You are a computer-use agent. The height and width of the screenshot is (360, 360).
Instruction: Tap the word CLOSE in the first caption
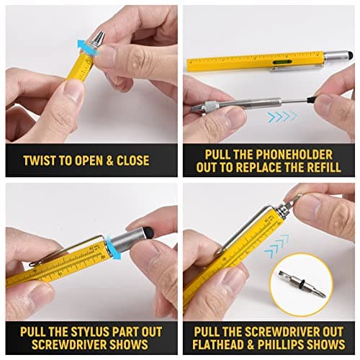[x=135, y=160]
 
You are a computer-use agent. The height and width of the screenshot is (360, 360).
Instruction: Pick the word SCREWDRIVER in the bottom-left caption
[x=60, y=345]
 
